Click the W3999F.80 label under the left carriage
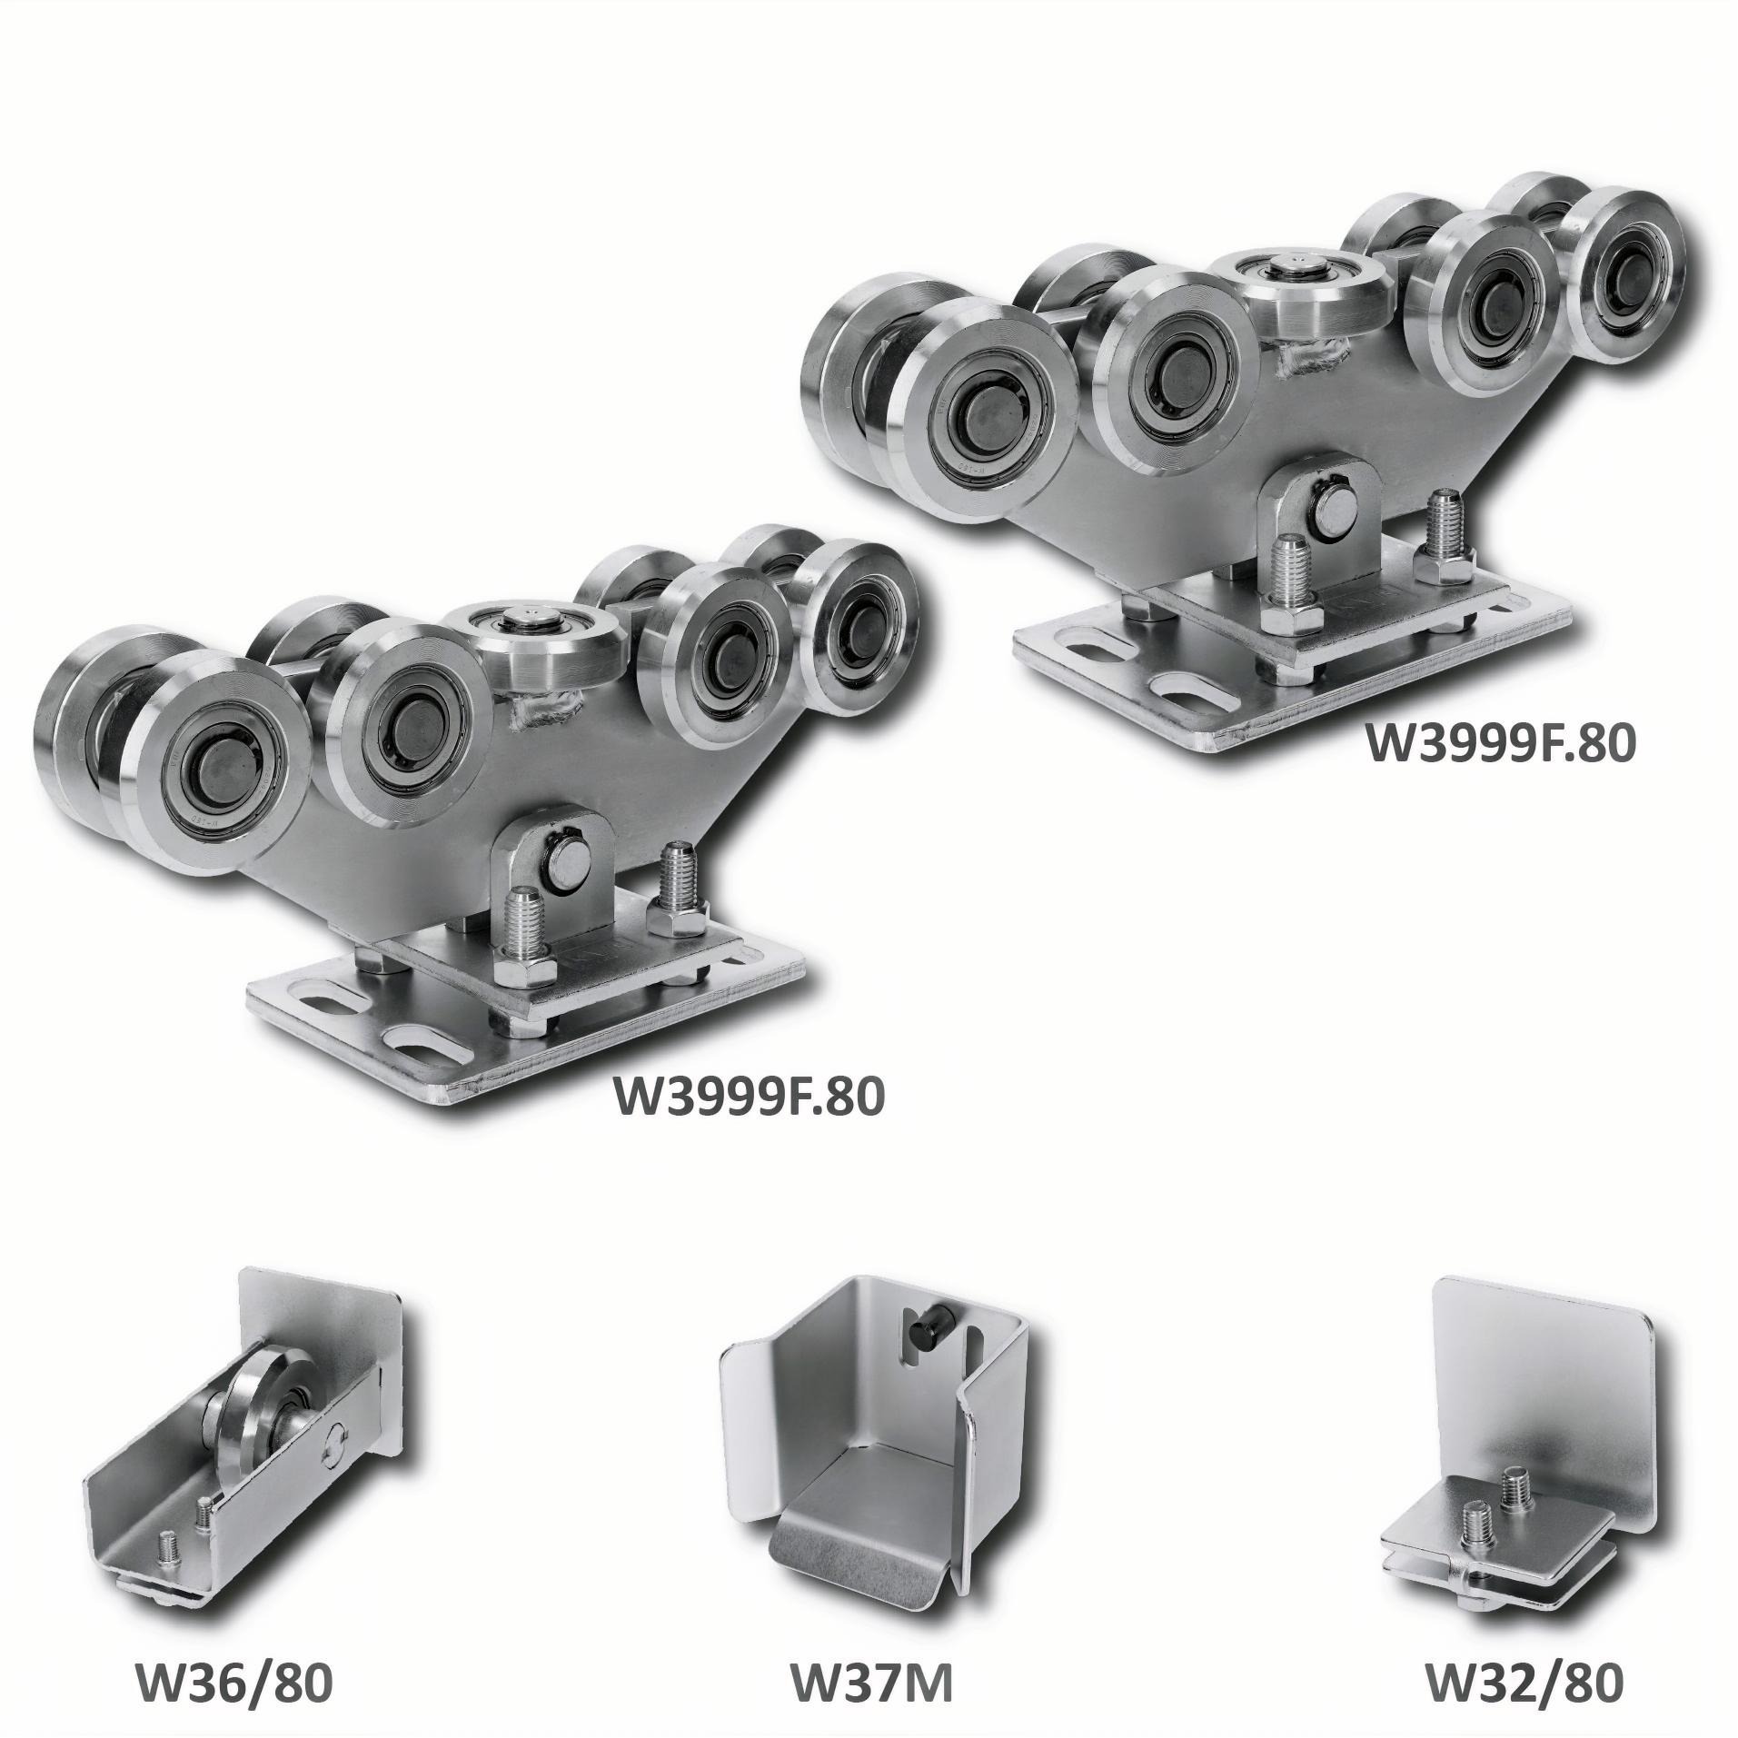coord(749,1097)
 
